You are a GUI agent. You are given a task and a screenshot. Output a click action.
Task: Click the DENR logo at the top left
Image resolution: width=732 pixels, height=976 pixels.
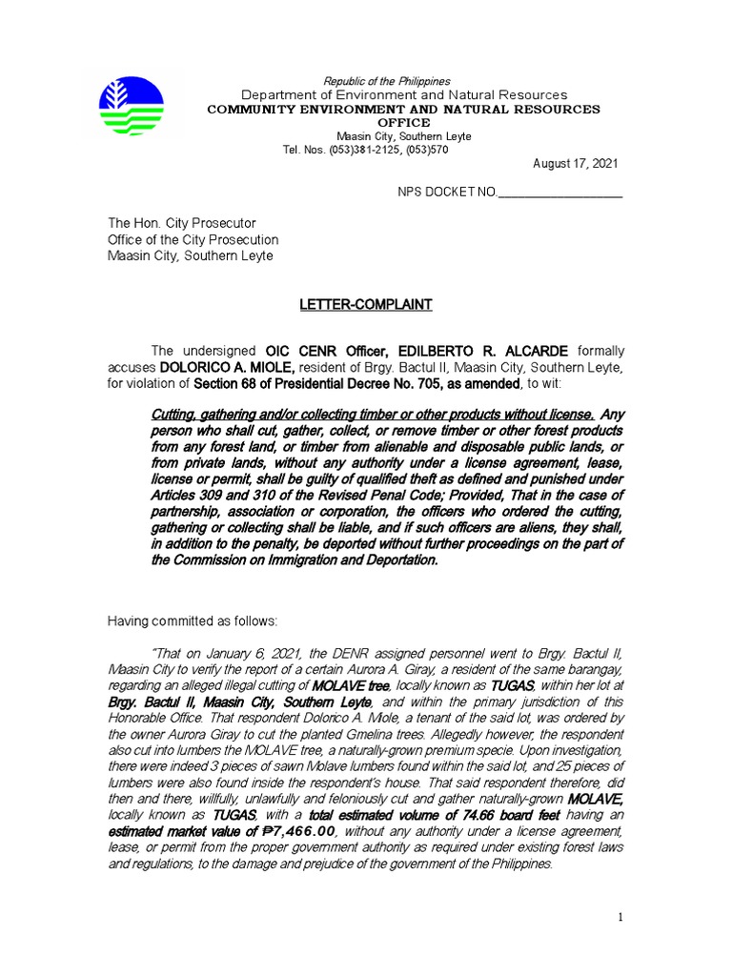pyautogui.click(x=132, y=106)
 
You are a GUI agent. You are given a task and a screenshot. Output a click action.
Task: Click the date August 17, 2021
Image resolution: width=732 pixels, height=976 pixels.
pyautogui.click(x=575, y=164)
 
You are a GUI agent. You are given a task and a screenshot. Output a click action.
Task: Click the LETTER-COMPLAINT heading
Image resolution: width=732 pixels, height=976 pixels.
pyautogui.click(x=366, y=305)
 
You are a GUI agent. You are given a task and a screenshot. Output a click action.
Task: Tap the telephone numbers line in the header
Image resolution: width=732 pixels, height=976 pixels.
pyautogui.click(x=365, y=150)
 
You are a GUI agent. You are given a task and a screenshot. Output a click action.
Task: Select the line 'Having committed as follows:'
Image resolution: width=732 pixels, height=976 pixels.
pyautogui.click(x=192, y=621)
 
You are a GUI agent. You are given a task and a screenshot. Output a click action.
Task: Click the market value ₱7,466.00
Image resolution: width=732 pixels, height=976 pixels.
pyautogui.click(x=295, y=832)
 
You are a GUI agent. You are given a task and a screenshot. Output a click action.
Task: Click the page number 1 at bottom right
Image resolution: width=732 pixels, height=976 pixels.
pyautogui.click(x=620, y=917)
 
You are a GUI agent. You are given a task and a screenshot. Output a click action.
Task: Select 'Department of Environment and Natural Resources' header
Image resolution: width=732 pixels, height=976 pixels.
pyautogui.click(x=403, y=95)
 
